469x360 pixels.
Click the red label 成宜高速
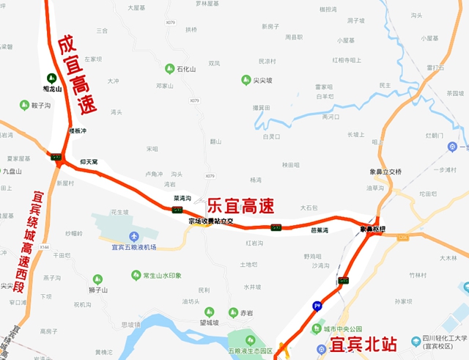point(78,76)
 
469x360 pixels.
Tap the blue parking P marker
point(317,306)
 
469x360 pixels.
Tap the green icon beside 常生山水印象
point(136,275)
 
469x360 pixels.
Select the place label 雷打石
point(435,67)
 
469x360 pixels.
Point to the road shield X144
point(44,247)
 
